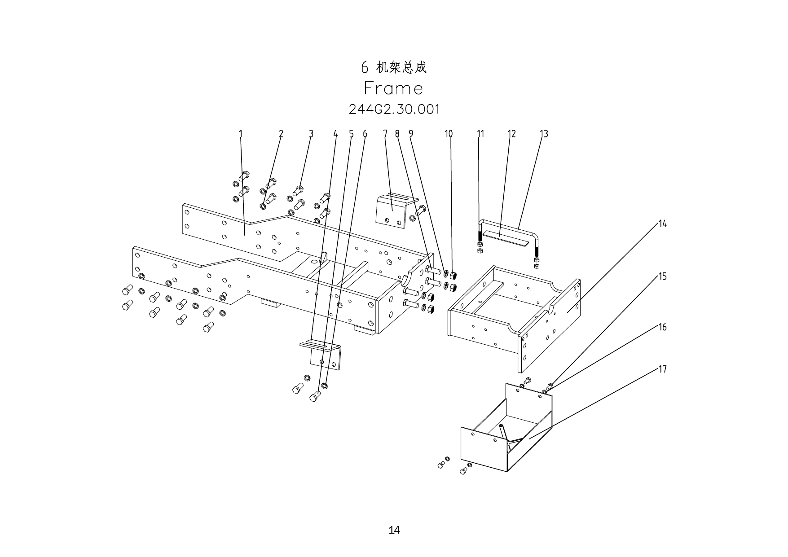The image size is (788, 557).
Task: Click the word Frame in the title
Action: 393,88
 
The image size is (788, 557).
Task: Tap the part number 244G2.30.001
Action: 394,109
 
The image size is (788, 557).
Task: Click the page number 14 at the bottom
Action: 394,530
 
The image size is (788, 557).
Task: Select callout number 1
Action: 241,134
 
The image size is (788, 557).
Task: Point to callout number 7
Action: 385,134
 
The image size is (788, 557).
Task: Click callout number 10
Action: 449,134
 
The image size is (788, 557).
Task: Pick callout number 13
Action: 544,134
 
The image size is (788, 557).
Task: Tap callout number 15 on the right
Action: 663,276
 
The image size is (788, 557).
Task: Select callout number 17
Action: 663,369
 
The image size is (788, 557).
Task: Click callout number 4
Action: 335,134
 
